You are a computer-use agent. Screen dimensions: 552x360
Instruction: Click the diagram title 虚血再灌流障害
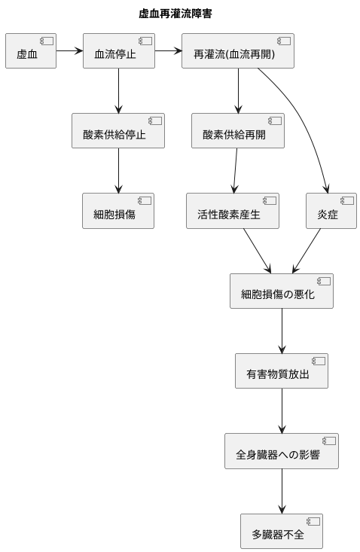[x=180, y=14]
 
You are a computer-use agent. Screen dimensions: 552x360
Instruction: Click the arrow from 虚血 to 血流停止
[x=69, y=51]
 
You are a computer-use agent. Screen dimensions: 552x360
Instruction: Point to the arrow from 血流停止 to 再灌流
[x=168, y=51]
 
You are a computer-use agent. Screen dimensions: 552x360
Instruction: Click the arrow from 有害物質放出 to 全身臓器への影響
[x=282, y=411]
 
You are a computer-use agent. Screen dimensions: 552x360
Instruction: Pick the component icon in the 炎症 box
[x=347, y=201]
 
